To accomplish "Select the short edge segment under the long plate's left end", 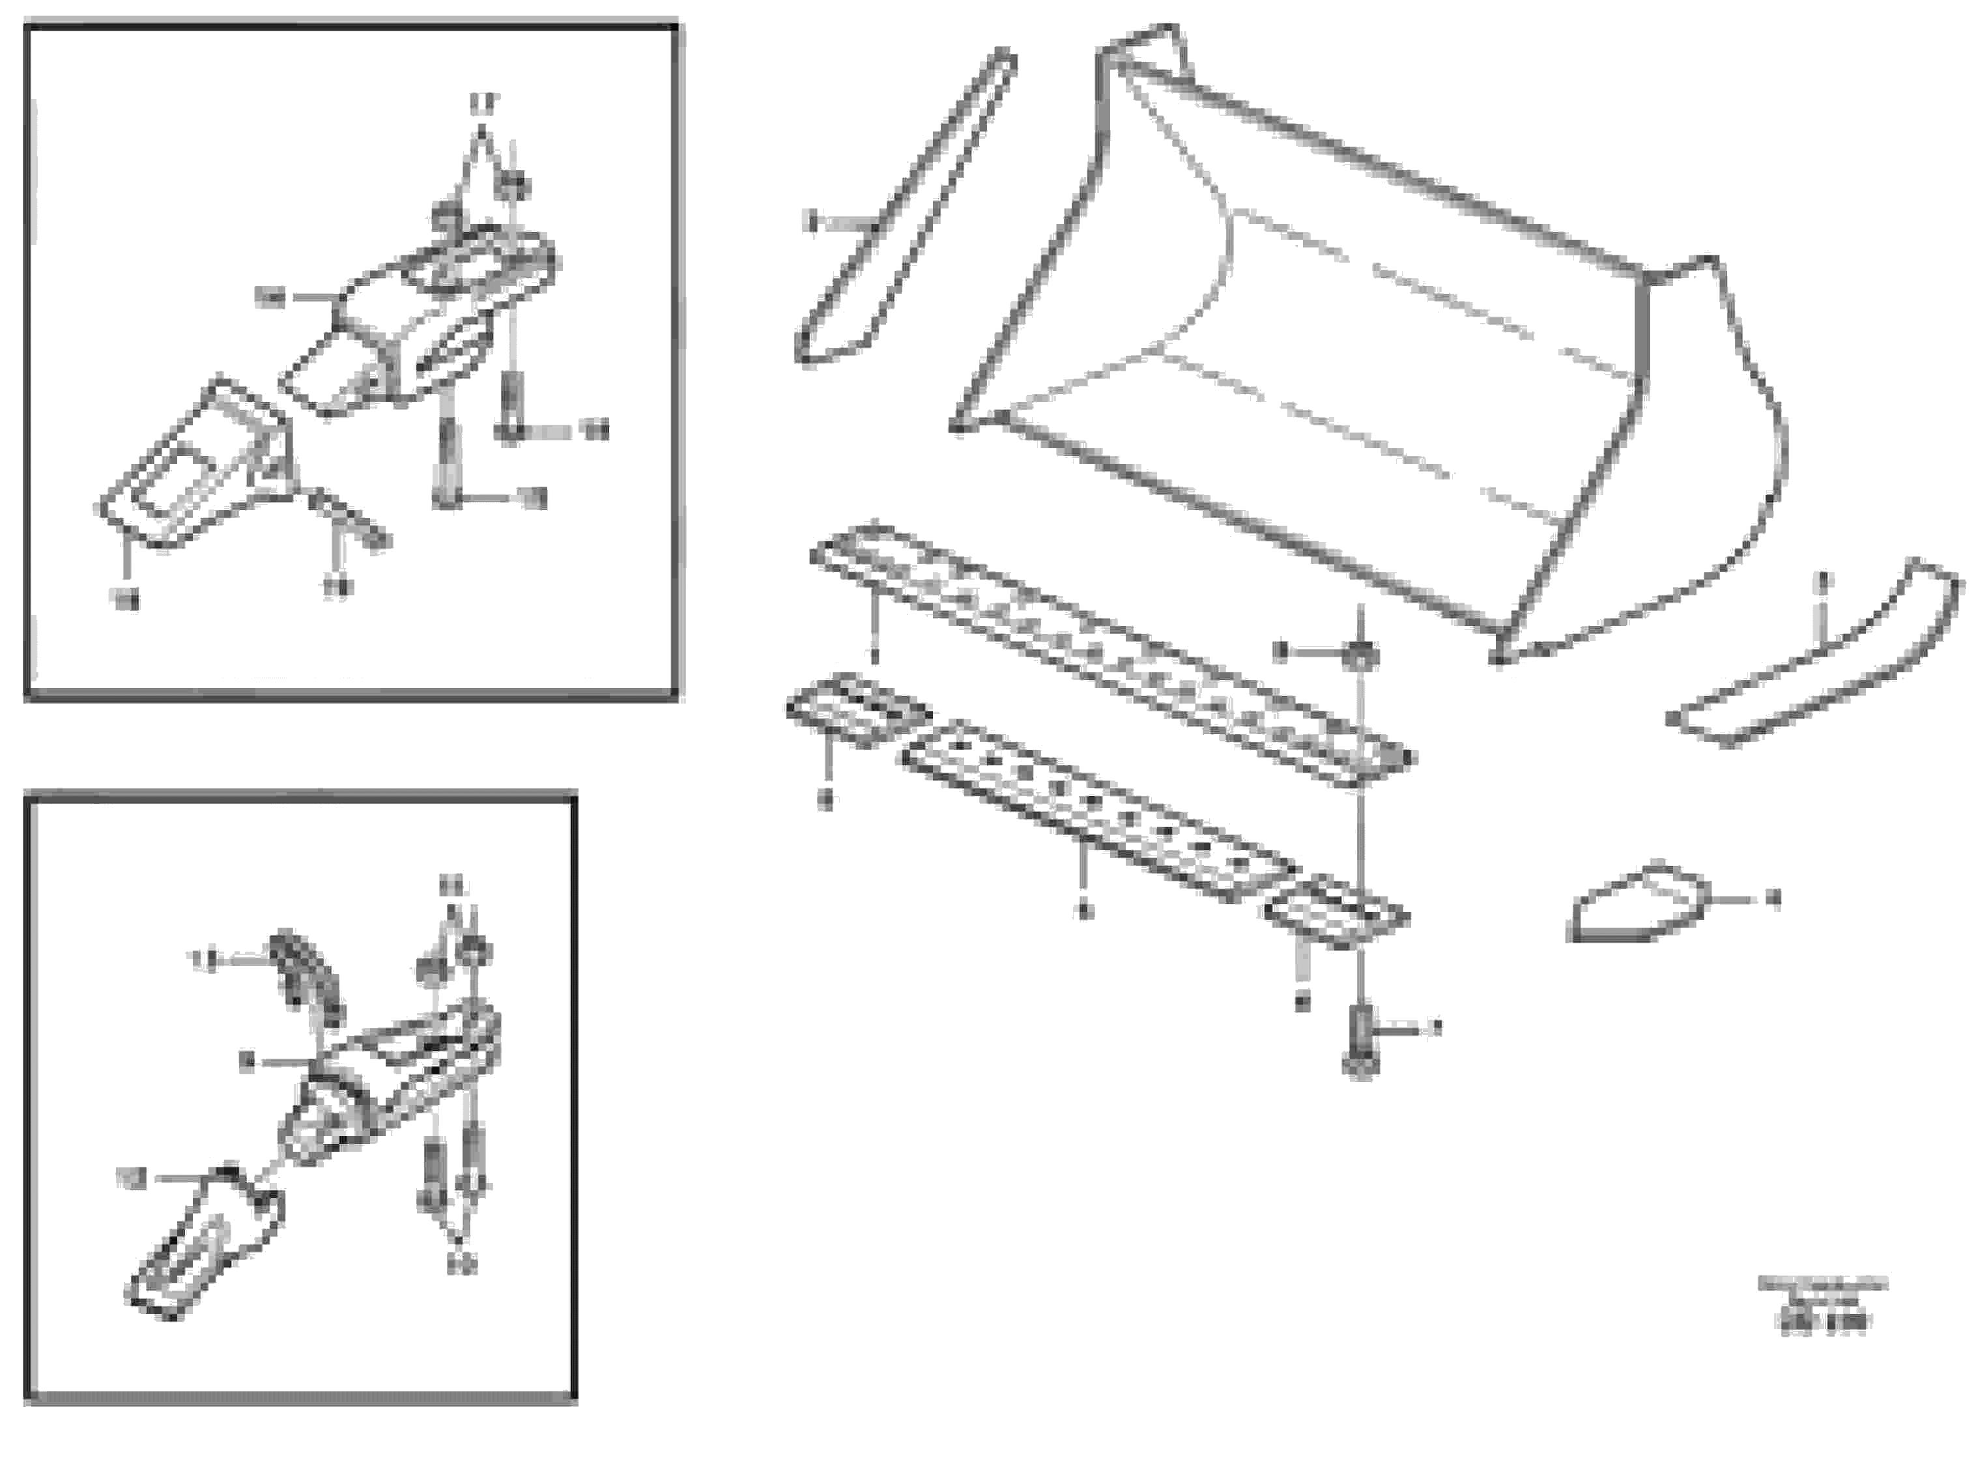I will click(x=857, y=710).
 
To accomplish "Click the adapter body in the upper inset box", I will click(x=420, y=321).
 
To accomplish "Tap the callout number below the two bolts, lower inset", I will click(x=461, y=1264).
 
